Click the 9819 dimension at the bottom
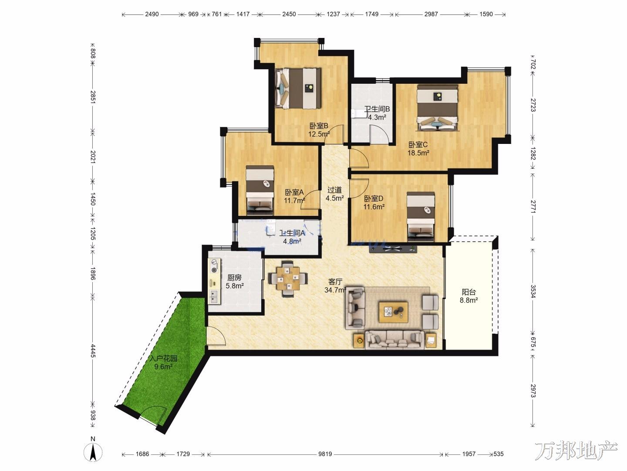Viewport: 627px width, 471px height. click(325, 454)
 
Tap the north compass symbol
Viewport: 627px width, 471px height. click(93, 453)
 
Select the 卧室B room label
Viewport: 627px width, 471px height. click(319, 126)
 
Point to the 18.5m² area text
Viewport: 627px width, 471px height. click(418, 153)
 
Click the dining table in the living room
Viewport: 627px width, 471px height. click(288, 278)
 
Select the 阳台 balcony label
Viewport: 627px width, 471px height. click(469, 292)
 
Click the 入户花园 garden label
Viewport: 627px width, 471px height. click(163, 358)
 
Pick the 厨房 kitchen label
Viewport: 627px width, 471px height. click(234, 277)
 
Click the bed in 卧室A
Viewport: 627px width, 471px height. click(260, 190)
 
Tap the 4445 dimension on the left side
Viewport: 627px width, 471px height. click(93, 351)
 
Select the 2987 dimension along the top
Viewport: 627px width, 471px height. click(431, 14)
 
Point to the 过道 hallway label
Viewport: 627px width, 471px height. click(334, 190)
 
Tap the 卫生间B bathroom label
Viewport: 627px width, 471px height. click(377, 109)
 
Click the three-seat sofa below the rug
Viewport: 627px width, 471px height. click(394, 340)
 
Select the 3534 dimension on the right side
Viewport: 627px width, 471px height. click(533, 291)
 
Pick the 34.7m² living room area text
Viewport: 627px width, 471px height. click(335, 290)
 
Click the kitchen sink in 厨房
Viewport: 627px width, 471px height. click(213, 297)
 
